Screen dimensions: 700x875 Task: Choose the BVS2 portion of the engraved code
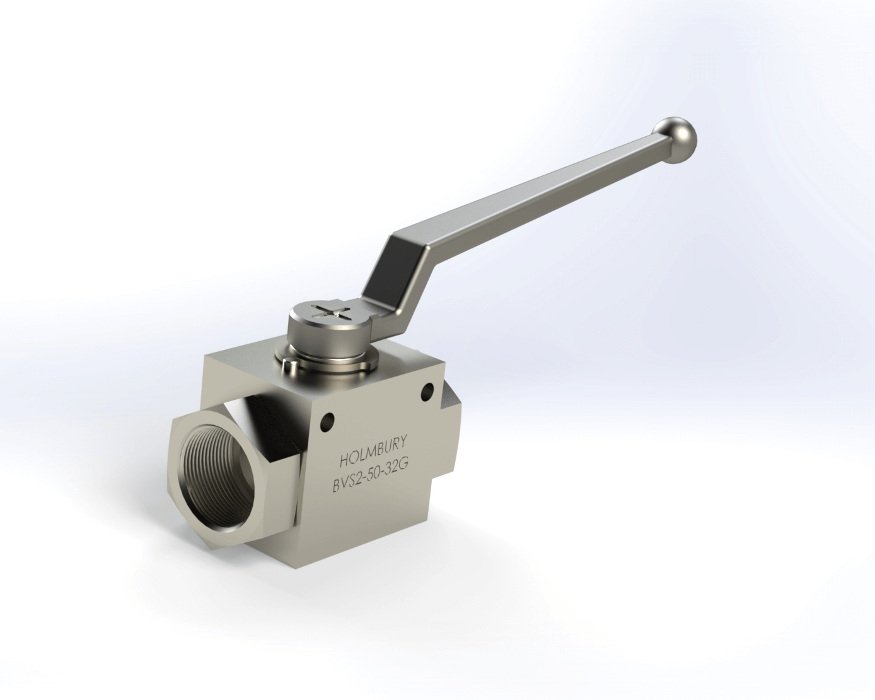(349, 484)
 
